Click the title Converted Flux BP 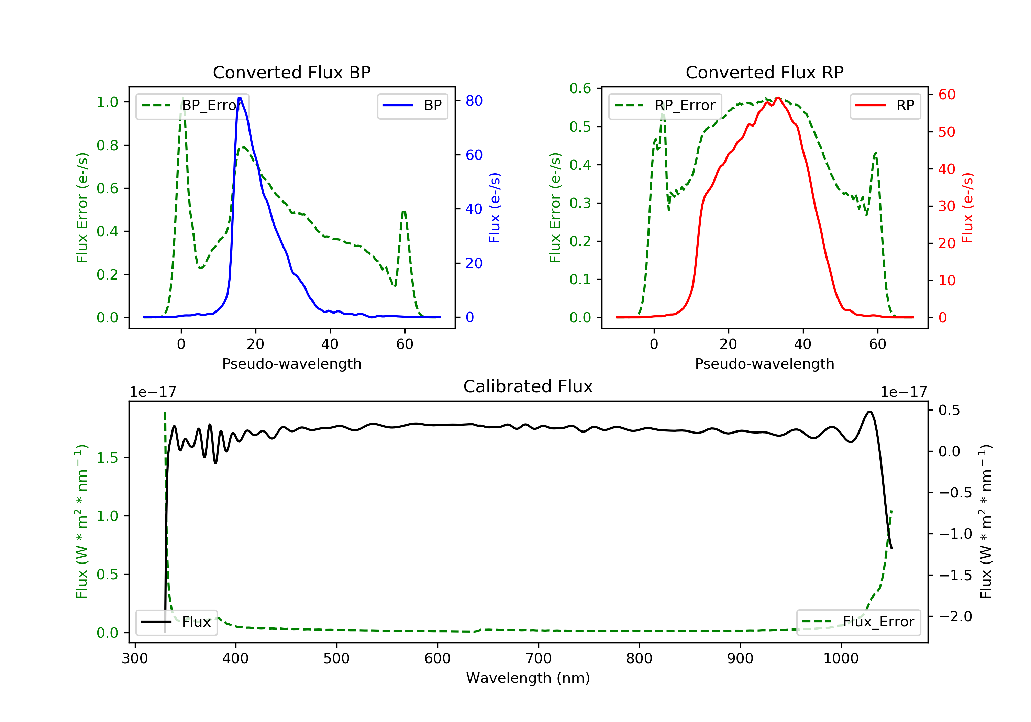(291, 72)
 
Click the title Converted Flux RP (764, 72)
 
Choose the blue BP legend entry (412, 106)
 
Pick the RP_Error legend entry (665, 106)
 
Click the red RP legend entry (885, 106)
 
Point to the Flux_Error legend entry (858, 622)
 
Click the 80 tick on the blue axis (474, 101)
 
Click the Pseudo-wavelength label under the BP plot (291, 363)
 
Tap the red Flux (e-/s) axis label (967, 208)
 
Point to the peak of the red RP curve (777, 98)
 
